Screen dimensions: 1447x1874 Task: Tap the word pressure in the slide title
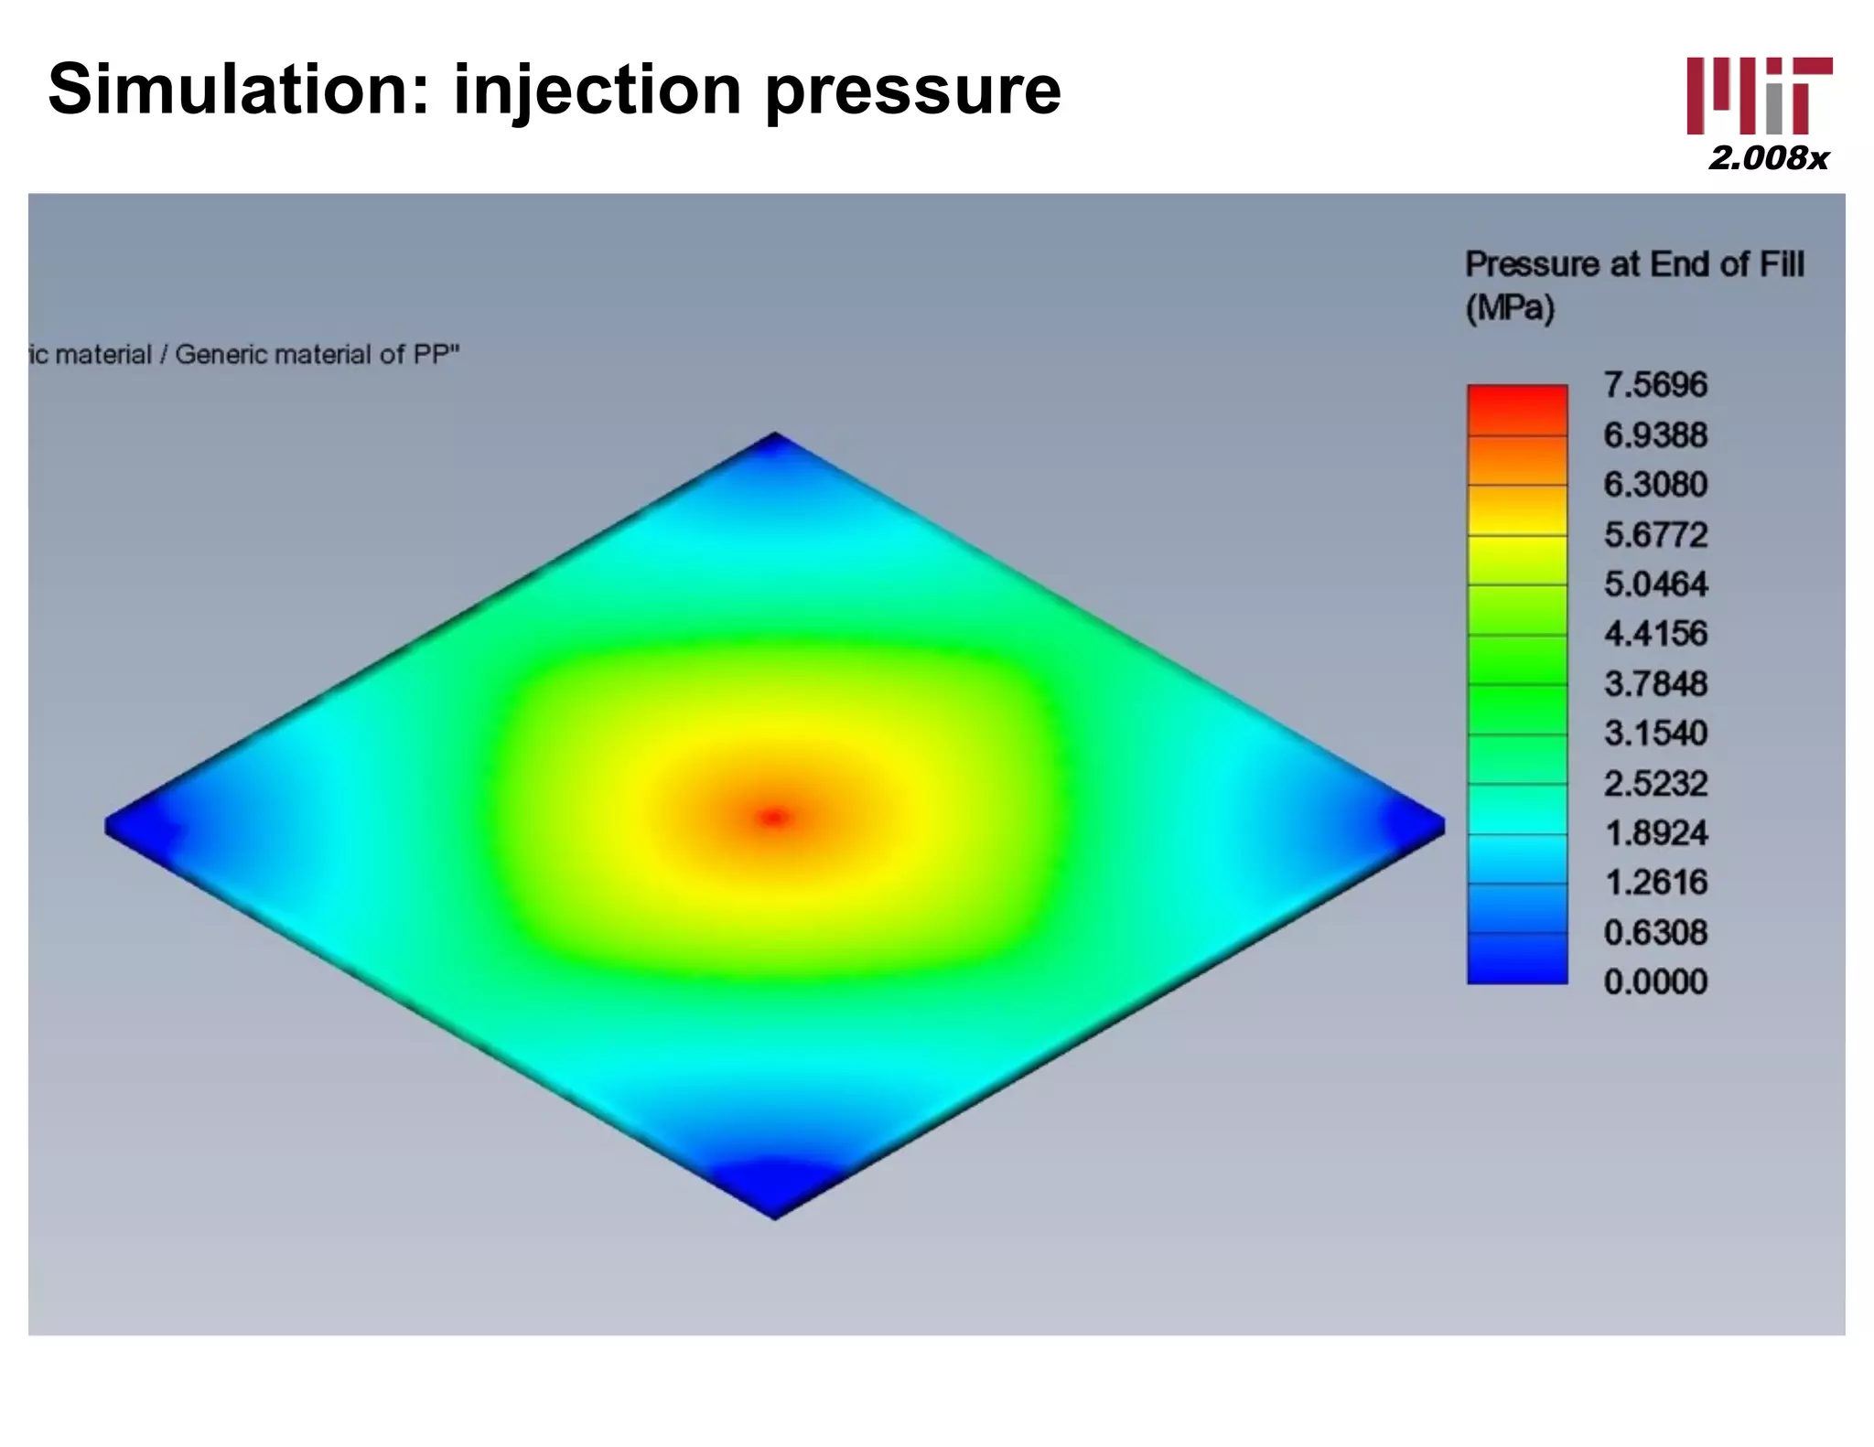(912, 91)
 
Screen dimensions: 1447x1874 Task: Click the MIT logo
(1759, 96)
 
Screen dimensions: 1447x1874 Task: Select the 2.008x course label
(1768, 158)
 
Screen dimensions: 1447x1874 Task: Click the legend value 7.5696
(1655, 385)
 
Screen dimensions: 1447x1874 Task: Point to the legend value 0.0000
(1655, 982)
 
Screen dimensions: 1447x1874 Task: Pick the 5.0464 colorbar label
(1655, 584)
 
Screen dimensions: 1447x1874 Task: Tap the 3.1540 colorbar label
(1655, 734)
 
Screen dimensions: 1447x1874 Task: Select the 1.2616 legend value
(1655, 883)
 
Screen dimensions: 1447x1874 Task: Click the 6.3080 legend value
(1655, 485)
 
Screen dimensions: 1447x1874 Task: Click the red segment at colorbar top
(1517, 408)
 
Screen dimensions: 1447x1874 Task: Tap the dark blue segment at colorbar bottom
(1517, 960)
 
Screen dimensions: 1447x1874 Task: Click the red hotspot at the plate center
(774, 817)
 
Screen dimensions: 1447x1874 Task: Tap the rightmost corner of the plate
(1439, 826)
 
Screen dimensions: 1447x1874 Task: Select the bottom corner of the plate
(774, 1211)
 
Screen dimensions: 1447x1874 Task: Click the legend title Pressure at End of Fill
(1634, 264)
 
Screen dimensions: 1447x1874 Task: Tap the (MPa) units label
(1510, 308)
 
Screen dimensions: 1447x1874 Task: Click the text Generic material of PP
(316, 355)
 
